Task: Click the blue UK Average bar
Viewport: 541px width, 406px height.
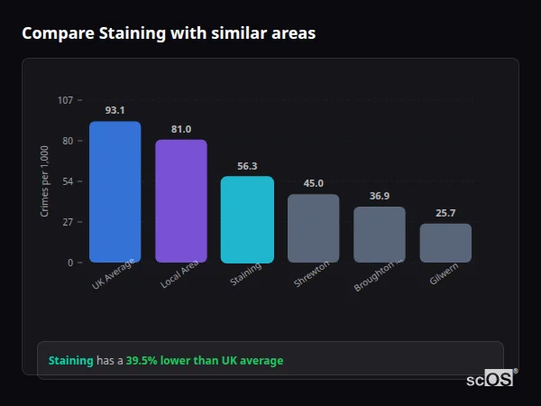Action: pyautogui.click(x=115, y=191)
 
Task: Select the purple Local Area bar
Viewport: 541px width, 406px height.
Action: pyautogui.click(x=181, y=200)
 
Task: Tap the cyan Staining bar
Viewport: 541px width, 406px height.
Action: pyautogui.click(x=247, y=219)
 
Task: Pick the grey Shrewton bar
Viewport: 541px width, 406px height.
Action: pyautogui.click(x=313, y=228)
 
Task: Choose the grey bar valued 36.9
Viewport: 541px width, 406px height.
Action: pyautogui.click(x=380, y=235)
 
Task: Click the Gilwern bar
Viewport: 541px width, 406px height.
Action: pyautogui.click(x=445, y=243)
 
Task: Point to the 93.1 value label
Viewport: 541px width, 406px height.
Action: pyautogui.click(x=115, y=110)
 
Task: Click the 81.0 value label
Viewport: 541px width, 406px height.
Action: pyautogui.click(x=181, y=129)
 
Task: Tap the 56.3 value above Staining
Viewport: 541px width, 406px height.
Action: pyautogui.click(x=247, y=166)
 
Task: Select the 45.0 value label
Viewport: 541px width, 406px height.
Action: pyautogui.click(x=313, y=183)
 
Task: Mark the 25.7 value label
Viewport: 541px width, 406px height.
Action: pyautogui.click(x=445, y=213)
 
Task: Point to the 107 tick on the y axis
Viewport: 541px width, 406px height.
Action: pyautogui.click(x=65, y=100)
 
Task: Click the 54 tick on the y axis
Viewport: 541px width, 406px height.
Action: pyautogui.click(x=68, y=181)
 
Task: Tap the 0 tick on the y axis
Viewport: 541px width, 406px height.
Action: pyautogui.click(x=69, y=263)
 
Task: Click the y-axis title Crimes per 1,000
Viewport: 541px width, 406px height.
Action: pyautogui.click(x=44, y=181)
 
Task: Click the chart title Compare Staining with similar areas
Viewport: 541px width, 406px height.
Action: pyautogui.click(x=169, y=33)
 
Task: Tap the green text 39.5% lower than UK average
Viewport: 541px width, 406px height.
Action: pyautogui.click(x=204, y=361)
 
